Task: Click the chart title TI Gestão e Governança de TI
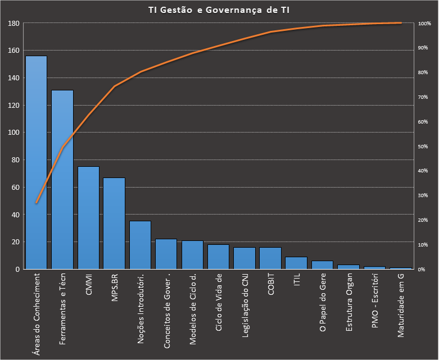pyautogui.click(x=219, y=10)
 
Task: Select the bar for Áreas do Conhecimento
pyautogui.click(x=37, y=163)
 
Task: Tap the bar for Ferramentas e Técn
pyautogui.click(x=62, y=180)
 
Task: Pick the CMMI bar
pyautogui.click(x=88, y=218)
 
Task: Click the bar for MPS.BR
pyautogui.click(x=114, y=224)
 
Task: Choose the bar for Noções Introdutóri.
pyautogui.click(x=140, y=245)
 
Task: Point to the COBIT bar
pyautogui.click(x=270, y=258)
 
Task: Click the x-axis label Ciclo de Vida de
pyautogui.click(x=219, y=303)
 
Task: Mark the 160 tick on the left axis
pyautogui.click(x=14, y=51)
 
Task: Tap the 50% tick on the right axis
pyautogui.click(x=423, y=147)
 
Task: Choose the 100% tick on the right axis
pyautogui.click(x=424, y=24)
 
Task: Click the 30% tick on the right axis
pyautogui.click(x=423, y=195)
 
